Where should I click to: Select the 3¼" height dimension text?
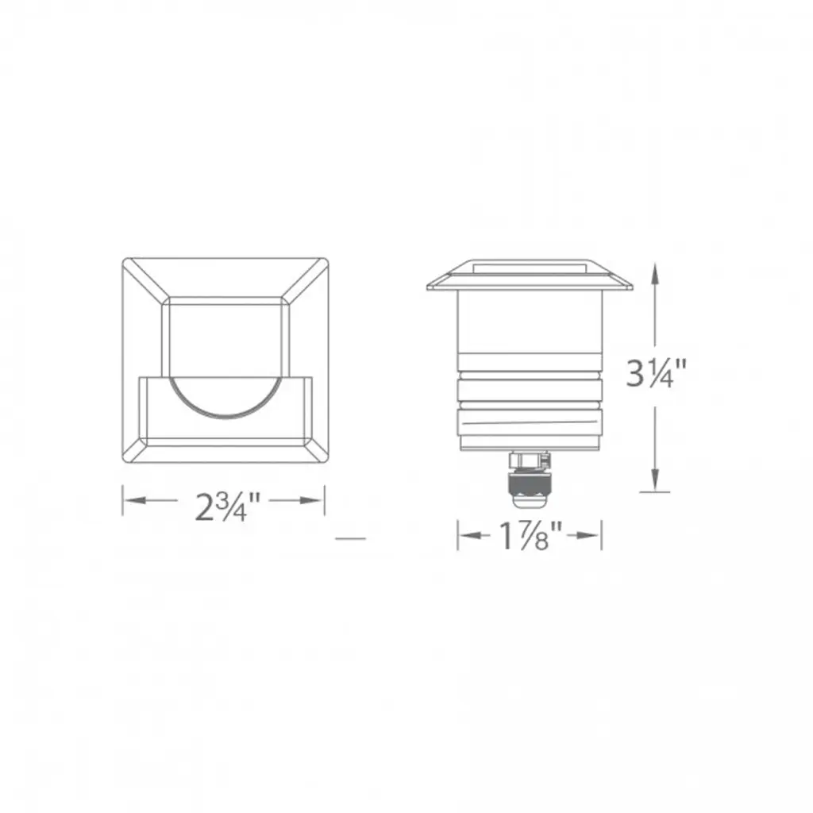(x=656, y=372)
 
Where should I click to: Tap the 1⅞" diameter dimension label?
(x=530, y=536)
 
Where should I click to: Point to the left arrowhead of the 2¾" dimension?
(x=134, y=500)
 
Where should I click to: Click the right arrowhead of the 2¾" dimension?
(x=312, y=500)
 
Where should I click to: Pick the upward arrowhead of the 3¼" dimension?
(x=655, y=275)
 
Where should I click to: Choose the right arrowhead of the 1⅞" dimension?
(x=589, y=535)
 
